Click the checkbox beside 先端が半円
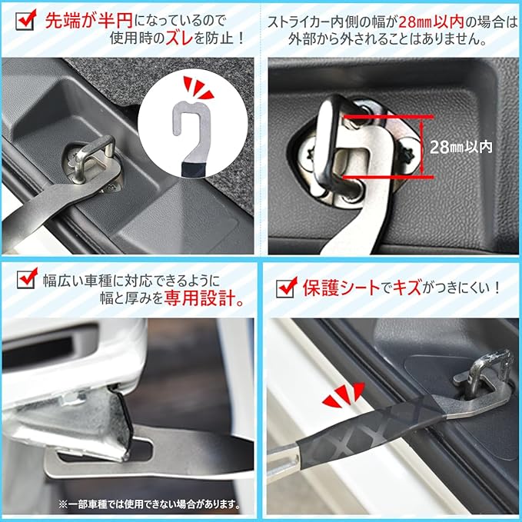[25, 20]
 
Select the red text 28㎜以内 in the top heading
[431, 22]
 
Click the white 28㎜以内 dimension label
[460, 147]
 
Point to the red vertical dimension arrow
[422, 147]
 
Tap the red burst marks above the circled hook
[198, 88]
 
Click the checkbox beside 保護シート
[287, 287]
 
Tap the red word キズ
[407, 288]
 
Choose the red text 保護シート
[341, 288]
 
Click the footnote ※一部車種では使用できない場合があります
[149, 504]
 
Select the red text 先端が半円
[89, 21]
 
